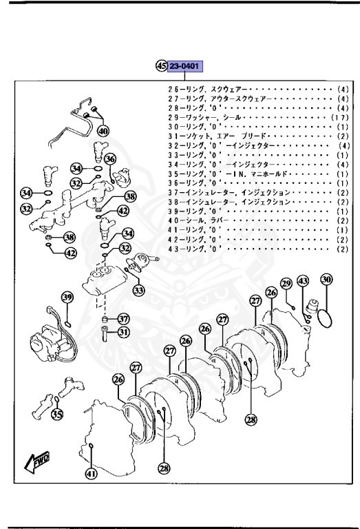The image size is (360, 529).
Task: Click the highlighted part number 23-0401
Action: pos(185,66)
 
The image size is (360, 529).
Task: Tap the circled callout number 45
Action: pos(162,66)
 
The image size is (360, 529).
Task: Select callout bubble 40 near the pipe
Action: pos(103,131)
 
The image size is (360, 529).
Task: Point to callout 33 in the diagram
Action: pos(139,291)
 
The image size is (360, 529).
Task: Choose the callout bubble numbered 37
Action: pos(123,319)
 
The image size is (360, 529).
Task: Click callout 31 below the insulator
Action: pos(123,333)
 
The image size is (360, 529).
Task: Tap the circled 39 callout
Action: pos(67,298)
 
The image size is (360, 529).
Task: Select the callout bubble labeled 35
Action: pos(57,415)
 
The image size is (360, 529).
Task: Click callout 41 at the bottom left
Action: pos(92,473)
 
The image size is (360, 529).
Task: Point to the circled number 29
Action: pos(287,283)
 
